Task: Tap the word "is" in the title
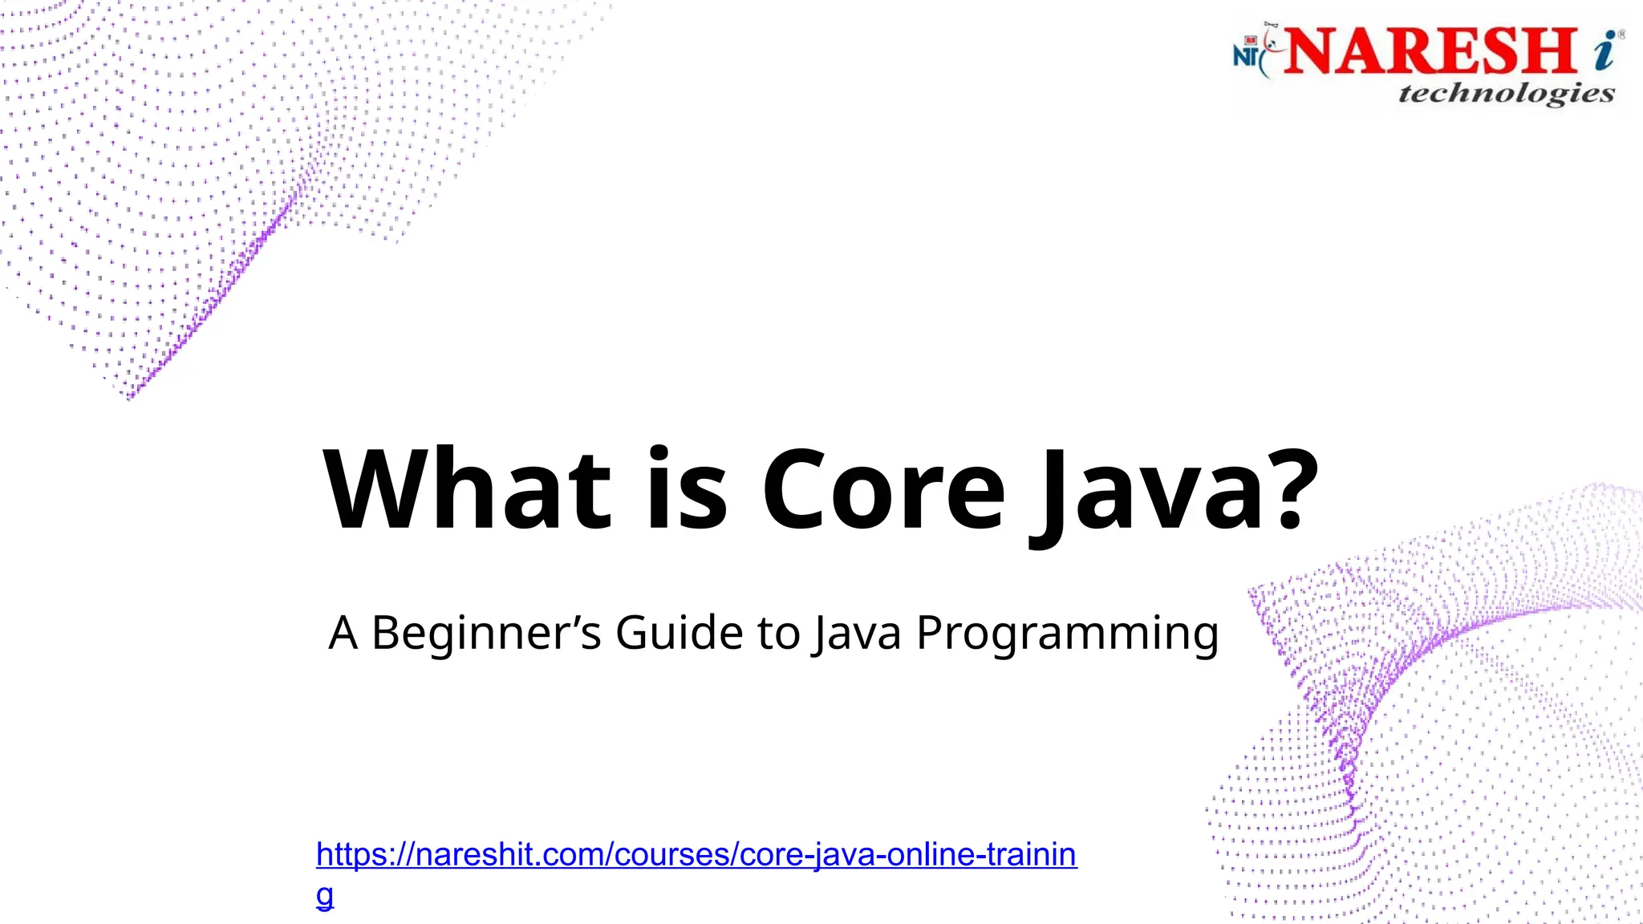[x=687, y=490]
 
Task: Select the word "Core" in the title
[x=882, y=490]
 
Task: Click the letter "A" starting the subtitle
[x=343, y=633]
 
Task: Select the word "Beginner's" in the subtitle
[x=486, y=633]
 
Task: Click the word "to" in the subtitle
[x=778, y=633]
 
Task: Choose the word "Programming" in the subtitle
[x=1067, y=633]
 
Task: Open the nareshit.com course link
[x=696, y=855]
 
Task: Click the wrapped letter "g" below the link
[x=325, y=895]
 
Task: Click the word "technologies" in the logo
[x=1506, y=94]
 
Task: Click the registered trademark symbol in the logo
[x=1622, y=34]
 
